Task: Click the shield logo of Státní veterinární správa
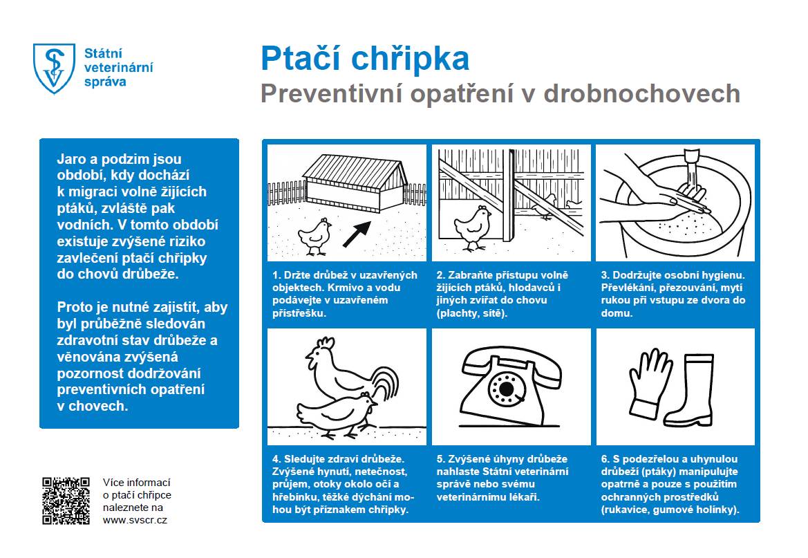[x=53, y=68]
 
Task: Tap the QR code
[x=66, y=501]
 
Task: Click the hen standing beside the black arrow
[x=317, y=234]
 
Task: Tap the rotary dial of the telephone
[x=507, y=390]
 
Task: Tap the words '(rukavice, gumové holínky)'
[x=670, y=510]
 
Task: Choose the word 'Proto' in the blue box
[x=75, y=308]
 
